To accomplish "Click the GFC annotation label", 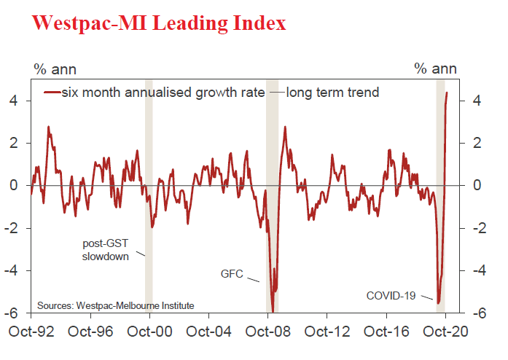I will coord(232,274).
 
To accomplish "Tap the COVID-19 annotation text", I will coord(391,295).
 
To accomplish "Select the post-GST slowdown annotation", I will coord(104,250).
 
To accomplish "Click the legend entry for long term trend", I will coord(332,93).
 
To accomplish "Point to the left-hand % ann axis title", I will coord(55,69).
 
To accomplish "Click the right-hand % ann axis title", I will coord(435,69).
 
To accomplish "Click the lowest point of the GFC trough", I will coord(273,311).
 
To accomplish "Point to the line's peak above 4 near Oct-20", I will coord(447,93).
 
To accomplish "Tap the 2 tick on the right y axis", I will coord(476,144).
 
